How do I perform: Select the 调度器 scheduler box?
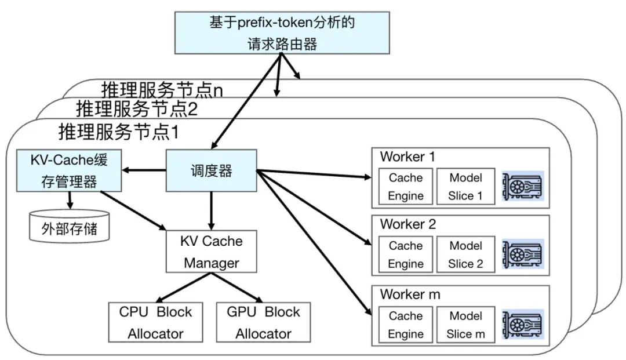coord(211,170)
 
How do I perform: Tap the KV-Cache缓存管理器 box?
coord(69,170)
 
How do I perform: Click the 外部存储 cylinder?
coord(69,228)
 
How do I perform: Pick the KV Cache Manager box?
coord(211,252)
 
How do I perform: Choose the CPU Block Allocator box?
coord(155,322)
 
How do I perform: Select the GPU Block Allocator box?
coord(263,322)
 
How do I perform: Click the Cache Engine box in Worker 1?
coord(406,187)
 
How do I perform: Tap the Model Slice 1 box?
coord(465,187)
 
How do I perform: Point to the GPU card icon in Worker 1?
coord(523,187)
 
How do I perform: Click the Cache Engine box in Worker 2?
coord(406,254)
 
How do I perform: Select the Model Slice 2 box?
coord(465,254)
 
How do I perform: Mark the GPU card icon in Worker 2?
coord(523,254)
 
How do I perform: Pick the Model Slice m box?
coord(465,325)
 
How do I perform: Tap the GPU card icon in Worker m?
coord(523,325)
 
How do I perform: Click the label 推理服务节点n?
coord(162,90)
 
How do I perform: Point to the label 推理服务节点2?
coord(137,108)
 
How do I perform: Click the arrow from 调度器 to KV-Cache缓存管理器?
coord(144,170)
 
